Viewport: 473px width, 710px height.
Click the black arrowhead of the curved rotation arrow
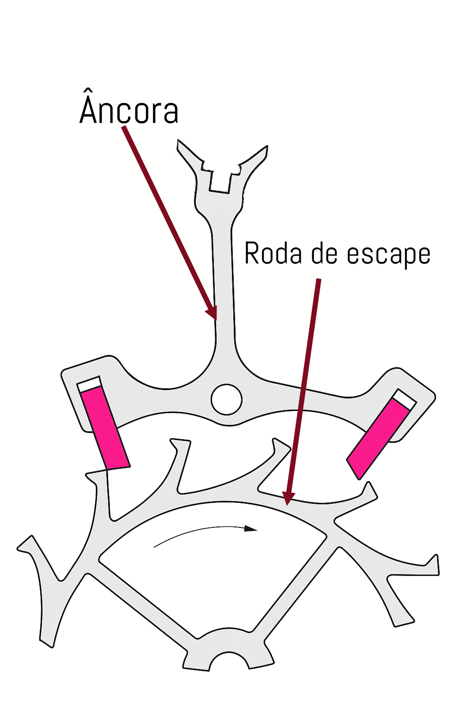(x=251, y=528)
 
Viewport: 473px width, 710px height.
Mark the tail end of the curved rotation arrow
(x=155, y=547)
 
